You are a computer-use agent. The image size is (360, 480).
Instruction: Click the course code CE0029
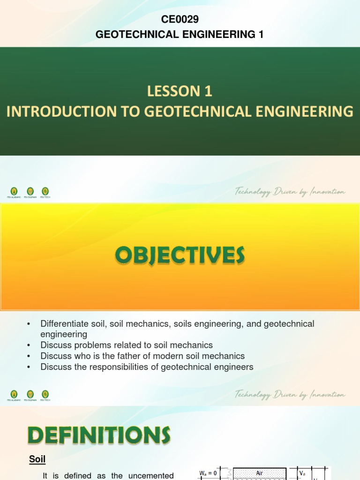point(180,19)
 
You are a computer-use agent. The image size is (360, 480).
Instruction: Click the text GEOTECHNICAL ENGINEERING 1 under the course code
point(180,34)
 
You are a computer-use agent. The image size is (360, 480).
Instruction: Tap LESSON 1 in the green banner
point(180,92)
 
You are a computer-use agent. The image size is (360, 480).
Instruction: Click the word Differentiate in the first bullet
point(65,324)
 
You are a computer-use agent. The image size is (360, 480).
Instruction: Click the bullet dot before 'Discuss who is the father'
point(29,356)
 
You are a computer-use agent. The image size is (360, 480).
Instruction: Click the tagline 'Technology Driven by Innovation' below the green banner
point(290,192)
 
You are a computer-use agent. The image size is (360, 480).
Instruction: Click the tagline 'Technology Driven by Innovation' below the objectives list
point(290,395)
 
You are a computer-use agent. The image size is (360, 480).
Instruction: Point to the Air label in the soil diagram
point(259,474)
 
